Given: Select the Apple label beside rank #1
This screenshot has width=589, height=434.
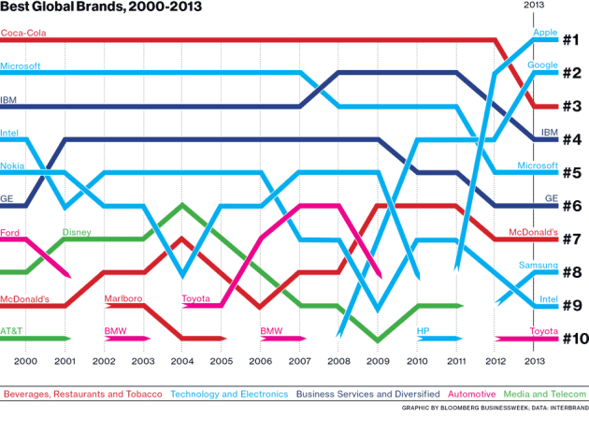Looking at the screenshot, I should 544,33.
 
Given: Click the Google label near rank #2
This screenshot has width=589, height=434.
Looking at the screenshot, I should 542,65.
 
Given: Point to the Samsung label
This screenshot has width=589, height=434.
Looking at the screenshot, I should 538,267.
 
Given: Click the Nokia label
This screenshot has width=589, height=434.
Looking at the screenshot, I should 14,166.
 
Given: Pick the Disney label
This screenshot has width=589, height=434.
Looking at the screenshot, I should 77,232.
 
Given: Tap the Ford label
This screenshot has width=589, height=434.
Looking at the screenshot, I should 11,232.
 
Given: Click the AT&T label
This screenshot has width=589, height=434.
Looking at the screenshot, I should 12,331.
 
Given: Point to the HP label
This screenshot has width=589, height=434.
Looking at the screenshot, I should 423,331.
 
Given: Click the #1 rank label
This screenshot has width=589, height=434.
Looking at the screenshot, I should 572,39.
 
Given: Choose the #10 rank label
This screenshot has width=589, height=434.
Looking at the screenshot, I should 572,339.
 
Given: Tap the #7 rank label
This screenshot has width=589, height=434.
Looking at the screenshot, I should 572,239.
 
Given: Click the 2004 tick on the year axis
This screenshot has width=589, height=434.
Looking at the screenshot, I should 181,360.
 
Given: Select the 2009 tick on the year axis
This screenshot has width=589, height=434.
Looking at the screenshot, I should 379,360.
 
